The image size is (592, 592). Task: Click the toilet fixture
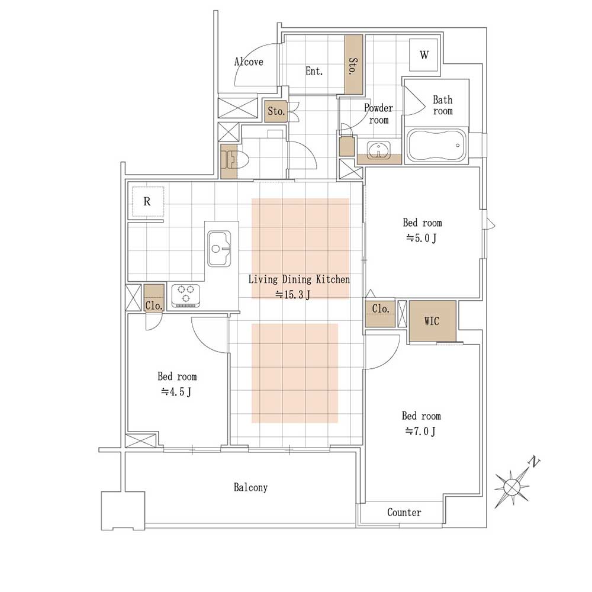tap(236, 160)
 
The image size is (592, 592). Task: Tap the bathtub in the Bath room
tap(436, 146)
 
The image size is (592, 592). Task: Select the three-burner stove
tap(185, 295)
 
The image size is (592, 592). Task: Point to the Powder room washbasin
tap(378, 150)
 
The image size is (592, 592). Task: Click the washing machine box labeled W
tap(424, 54)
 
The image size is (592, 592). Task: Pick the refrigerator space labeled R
tap(147, 202)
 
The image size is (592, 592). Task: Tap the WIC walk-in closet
tap(433, 321)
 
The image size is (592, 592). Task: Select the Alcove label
tap(249, 62)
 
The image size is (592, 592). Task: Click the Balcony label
tap(250, 487)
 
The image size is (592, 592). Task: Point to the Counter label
tap(404, 512)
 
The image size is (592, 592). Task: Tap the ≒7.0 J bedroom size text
tap(420, 431)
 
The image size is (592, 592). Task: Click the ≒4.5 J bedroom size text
tap(176, 391)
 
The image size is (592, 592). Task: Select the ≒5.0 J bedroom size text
tap(422, 238)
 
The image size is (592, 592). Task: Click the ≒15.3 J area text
tap(293, 294)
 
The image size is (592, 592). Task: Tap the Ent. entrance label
tap(314, 70)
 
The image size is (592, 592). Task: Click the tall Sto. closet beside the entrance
tap(354, 65)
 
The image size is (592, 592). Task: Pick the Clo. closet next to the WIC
tap(380, 313)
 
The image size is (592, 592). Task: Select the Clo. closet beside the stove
tap(154, 298)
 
